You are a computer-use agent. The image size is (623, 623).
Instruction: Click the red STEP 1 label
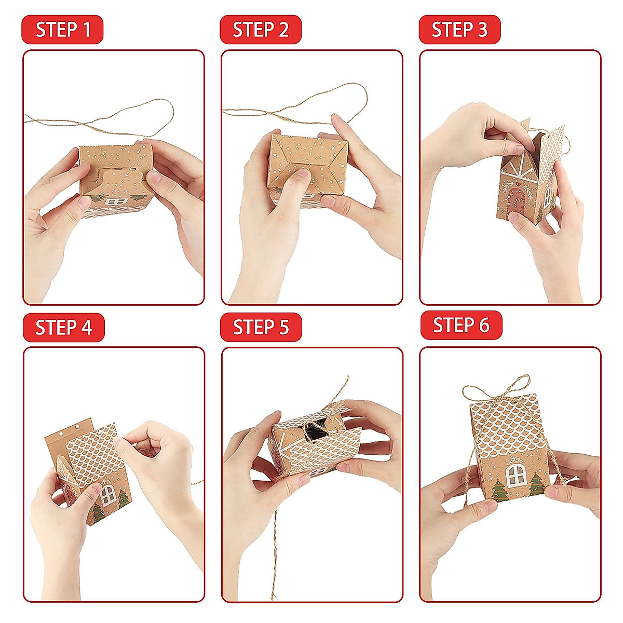click(62, 30)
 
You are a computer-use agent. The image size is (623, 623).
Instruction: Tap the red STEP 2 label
click(261, 30)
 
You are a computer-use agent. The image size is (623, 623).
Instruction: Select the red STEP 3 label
click(459, 30)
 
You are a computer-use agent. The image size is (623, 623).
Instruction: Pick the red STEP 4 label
click(64, 327)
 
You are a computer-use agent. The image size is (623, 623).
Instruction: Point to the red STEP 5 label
click(261, 327)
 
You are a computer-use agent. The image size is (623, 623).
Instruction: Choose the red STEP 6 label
click(462, 325)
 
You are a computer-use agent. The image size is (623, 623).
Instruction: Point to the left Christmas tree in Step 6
click(498, 491)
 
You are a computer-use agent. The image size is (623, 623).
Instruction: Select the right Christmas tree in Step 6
click(536, 484)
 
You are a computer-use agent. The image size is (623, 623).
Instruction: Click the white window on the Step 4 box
click(107, 495)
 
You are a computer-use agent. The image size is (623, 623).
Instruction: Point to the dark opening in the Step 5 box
click(315, 429)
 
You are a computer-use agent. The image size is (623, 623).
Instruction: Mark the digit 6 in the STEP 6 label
click(484, 325)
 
